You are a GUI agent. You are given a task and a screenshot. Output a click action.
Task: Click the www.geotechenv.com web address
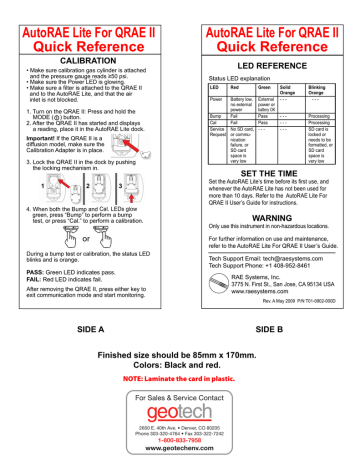179,423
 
